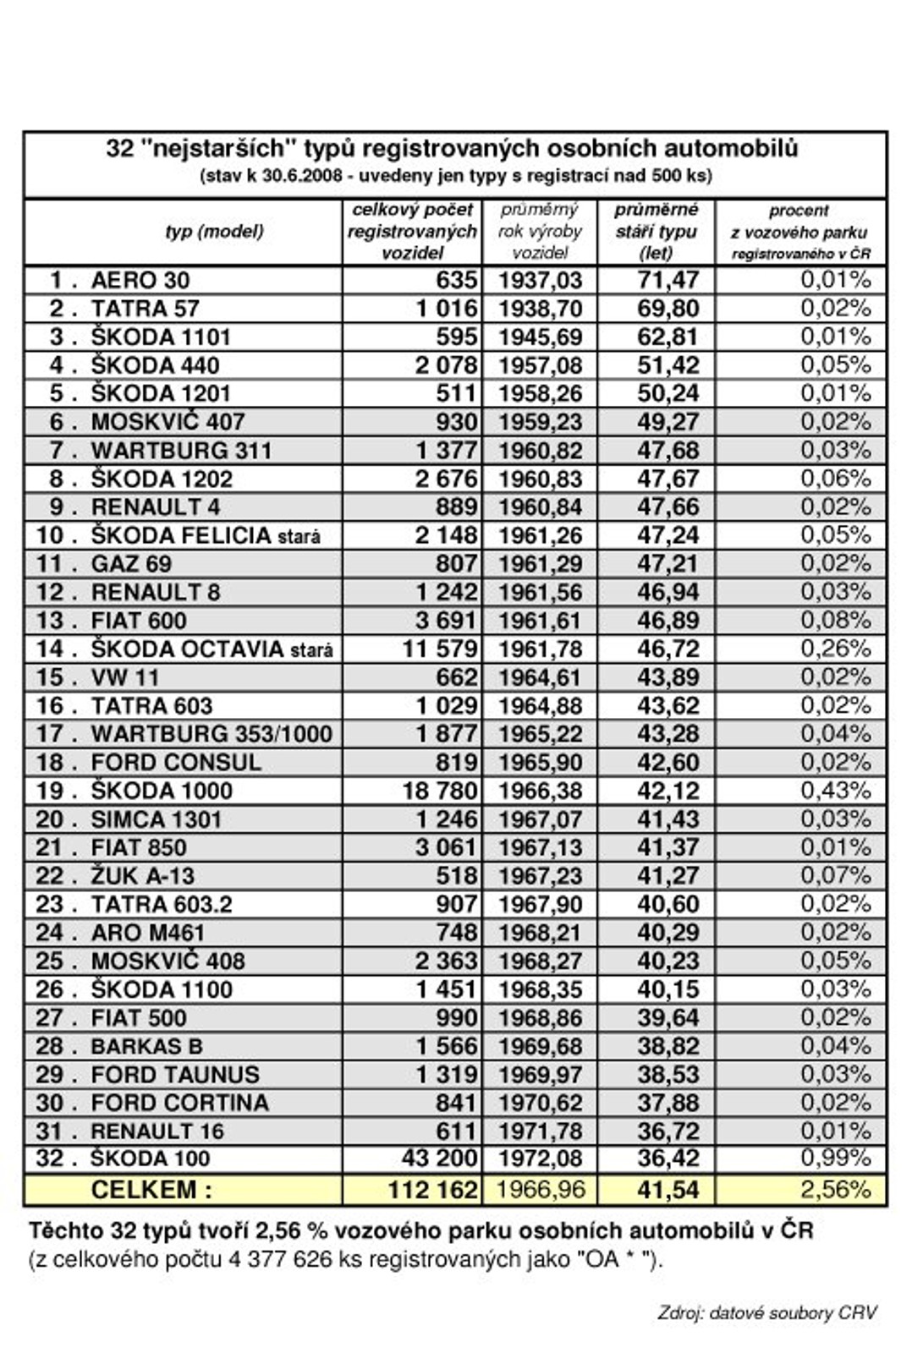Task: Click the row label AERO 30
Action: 140,281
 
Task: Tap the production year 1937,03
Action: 540,281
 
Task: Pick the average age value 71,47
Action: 668,281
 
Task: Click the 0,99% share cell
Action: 835,1159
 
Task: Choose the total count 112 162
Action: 432,1190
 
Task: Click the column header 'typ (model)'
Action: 214,231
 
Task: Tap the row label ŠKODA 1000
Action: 161,791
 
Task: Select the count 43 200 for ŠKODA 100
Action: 439,1159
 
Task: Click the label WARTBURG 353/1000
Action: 211,734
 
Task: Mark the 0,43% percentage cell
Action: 835,791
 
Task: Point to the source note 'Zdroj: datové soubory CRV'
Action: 766,1312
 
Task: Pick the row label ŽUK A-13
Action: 142,876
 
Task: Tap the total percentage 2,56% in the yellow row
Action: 835,1190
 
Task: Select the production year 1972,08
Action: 540,1159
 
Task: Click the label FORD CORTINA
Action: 179,1103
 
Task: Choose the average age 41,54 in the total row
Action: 668,1190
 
